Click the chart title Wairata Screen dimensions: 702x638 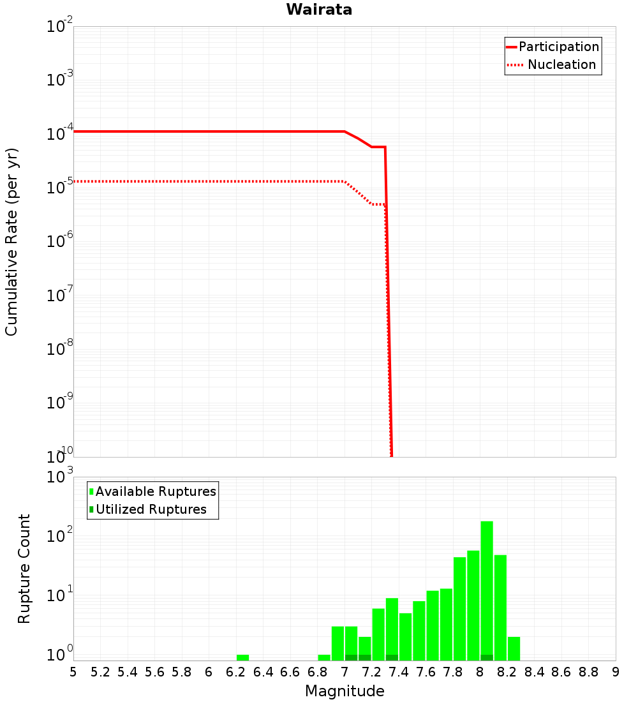pos(319,10)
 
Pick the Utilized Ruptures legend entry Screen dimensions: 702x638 pos(151,509)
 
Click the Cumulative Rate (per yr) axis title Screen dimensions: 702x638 pos(11,242)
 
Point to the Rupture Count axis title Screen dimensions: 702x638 pos(24,569)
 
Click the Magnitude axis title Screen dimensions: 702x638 pos(345,691)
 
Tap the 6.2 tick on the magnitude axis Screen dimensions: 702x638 pos(236,672)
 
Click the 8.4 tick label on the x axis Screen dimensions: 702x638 pos(535,672)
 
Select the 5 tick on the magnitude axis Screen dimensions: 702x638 pos(73,672)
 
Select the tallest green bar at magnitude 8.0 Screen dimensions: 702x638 pos(487,587)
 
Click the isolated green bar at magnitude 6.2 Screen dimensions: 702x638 pos(242,657)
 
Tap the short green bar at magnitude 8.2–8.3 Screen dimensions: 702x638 pos(514,648)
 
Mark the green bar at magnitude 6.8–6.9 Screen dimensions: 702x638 pos(324,657)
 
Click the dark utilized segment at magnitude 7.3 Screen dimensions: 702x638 pos(392,657)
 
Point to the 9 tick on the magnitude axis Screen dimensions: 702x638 pos(616,672)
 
